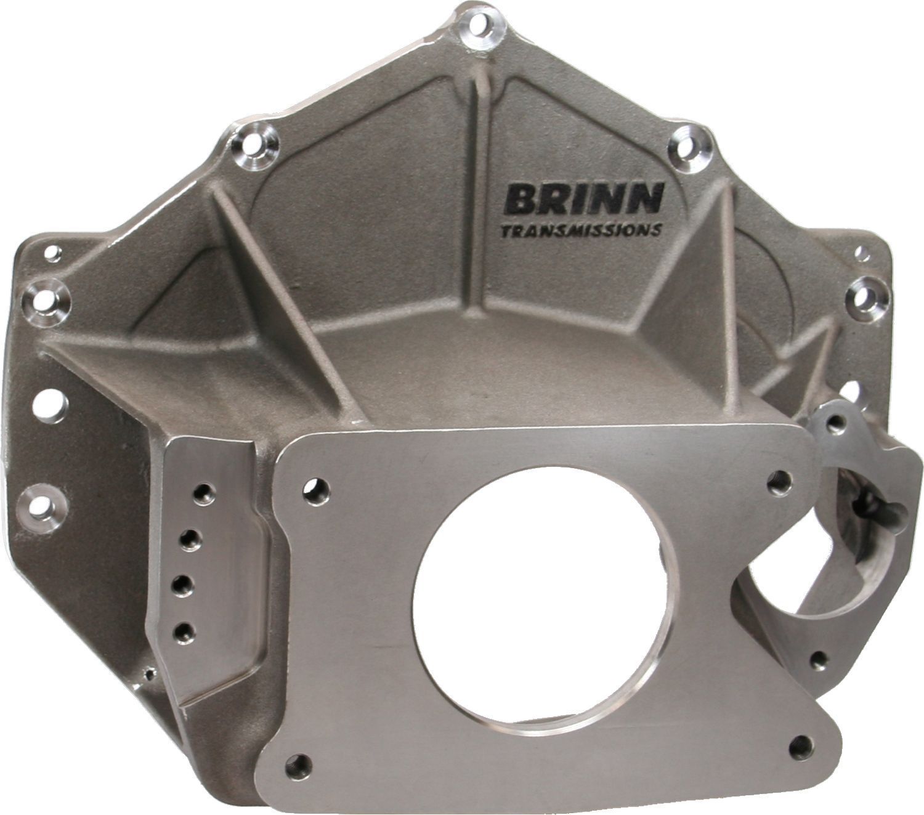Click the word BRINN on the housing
pos(583,198)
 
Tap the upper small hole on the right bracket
pos(835,423)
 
